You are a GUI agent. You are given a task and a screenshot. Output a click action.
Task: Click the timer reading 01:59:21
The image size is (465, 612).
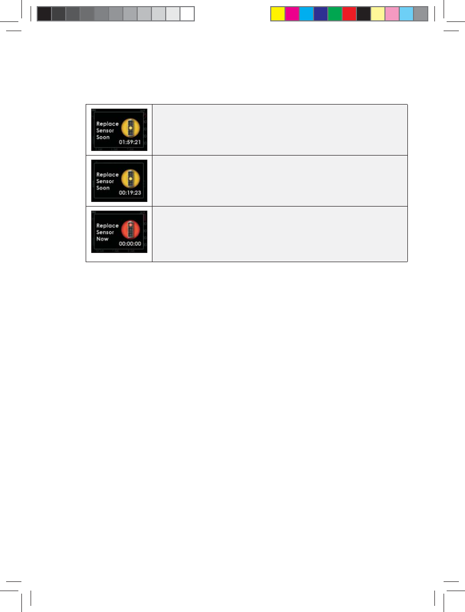coord(130,143)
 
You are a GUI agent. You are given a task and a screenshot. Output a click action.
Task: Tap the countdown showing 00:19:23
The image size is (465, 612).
coord(130,194)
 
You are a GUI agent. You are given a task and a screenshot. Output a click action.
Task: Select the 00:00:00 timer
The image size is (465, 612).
coord(130,244)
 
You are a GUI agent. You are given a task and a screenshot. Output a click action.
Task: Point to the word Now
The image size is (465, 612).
coord(102,239)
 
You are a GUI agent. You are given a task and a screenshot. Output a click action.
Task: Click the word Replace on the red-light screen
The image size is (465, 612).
coord(107,225)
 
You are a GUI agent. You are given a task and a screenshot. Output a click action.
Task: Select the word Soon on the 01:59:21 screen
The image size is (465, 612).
coord(103,137)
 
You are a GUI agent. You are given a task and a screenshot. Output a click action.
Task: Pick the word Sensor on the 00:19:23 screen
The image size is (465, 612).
coord(105,181)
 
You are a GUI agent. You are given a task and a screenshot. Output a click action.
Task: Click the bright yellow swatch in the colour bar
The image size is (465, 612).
coord(277,14)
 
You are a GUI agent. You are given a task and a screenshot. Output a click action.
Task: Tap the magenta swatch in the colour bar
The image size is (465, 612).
coord(292,14)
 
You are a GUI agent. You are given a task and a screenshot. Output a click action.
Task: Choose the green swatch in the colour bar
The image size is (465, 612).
coord(334,14)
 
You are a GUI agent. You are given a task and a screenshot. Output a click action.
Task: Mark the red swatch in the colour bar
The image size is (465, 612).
coord(349,14)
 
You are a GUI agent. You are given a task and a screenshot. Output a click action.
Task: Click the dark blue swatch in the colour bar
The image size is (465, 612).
coord(320,14)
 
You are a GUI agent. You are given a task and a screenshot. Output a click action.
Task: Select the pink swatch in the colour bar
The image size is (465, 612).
coord(392,14)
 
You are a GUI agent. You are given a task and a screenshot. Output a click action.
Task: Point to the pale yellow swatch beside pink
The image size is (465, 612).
coord(377,14)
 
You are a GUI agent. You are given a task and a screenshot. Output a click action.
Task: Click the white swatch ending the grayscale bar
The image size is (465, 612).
coord(187,14)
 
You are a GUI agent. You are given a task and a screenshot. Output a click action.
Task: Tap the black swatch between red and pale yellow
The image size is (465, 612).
coord(363,14)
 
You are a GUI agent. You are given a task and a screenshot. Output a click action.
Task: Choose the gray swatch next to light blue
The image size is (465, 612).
coord(420,14)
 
